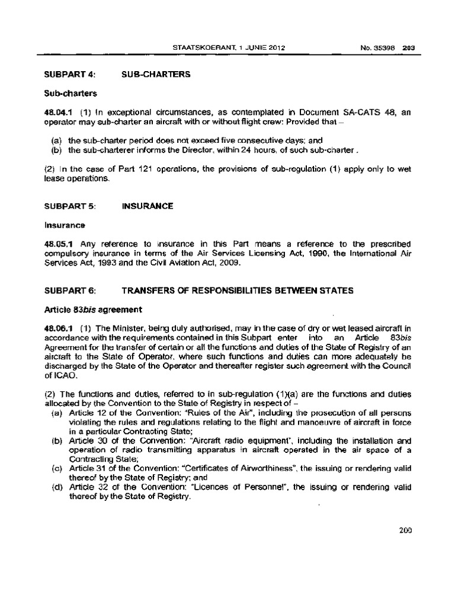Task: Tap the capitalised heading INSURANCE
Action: click(x=148, y=206)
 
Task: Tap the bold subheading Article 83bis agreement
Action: click(x=89, y=309)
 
